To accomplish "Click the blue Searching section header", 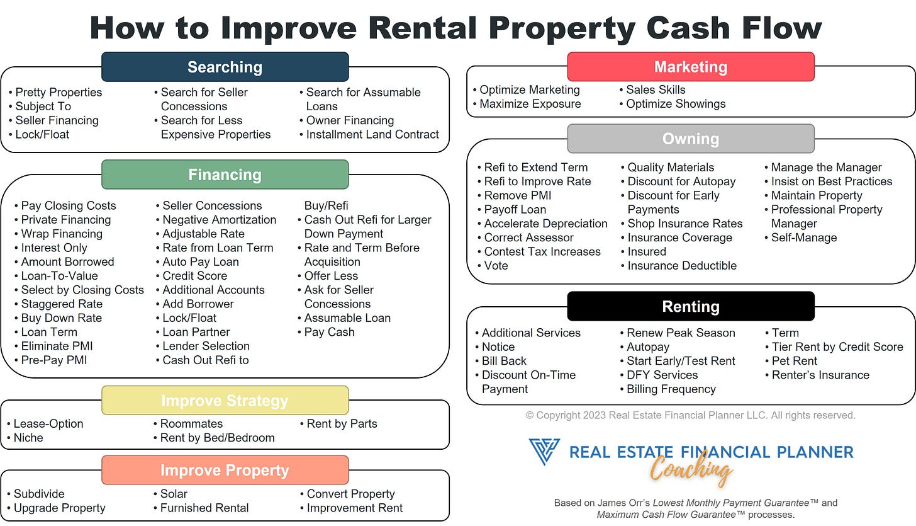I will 225,67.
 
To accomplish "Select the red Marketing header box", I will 690,67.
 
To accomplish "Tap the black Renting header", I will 690,307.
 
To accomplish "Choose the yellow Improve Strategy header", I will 225,401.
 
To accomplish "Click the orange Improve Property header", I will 225,471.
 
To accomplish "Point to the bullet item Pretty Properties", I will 59,93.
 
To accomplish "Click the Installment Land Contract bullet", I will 372,134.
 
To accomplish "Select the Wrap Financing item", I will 62,234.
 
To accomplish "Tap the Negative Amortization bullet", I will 219,220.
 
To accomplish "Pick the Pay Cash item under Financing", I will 329,332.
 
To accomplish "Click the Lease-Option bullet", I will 48,424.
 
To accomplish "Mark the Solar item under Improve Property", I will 174,494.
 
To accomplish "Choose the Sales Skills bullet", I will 656,90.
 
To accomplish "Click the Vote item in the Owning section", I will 496,266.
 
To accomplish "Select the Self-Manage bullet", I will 804,237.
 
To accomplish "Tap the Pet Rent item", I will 795,361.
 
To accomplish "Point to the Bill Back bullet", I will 504,361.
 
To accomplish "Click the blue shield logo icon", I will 544,452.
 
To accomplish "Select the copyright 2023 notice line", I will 690,415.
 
